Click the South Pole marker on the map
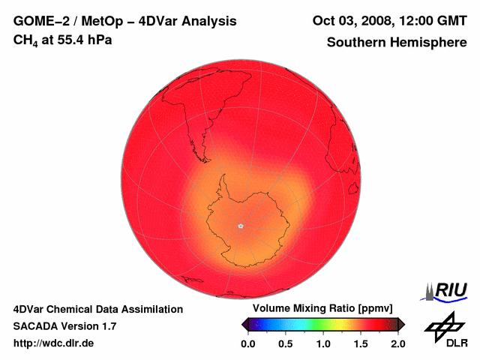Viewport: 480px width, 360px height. (241, 226)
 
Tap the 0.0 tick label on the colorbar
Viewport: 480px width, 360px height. (248, 343)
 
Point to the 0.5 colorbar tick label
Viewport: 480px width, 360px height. (286, 343)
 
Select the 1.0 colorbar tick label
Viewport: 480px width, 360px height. (323, 343)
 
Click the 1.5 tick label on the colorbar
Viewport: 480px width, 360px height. (361, 343)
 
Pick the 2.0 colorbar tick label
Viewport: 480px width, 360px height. (397, 343)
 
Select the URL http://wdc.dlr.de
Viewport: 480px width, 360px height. (53, 343)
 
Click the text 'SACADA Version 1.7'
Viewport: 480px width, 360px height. (64, 326)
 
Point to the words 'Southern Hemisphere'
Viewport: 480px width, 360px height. (397, 43)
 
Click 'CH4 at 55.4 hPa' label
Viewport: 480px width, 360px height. (62, 40)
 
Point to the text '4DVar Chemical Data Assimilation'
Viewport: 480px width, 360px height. (98, 309)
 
